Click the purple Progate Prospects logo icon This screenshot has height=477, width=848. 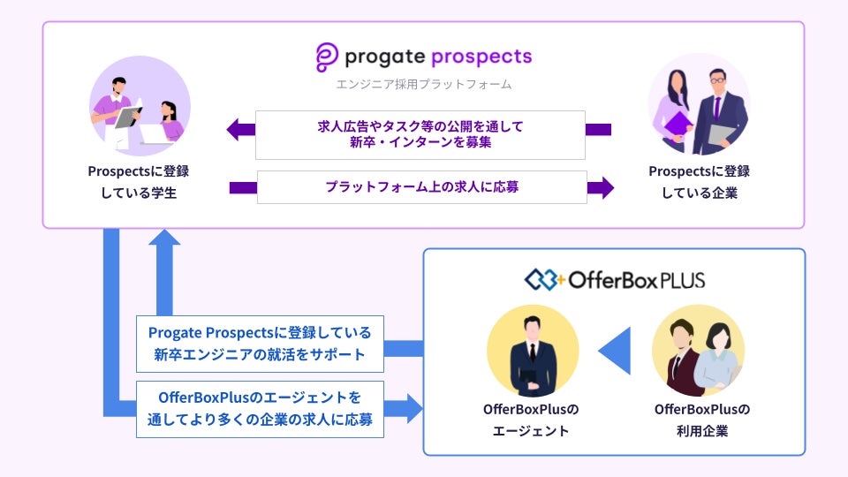327,57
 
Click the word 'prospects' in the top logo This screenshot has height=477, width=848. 482,57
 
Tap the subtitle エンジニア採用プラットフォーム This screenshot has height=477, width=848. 423,85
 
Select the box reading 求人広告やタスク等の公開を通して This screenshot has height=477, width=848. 420,135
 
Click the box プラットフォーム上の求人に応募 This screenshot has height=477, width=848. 422,187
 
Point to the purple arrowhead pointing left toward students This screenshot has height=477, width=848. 240,130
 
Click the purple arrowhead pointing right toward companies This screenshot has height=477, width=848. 601,187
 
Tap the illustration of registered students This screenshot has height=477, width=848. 140,107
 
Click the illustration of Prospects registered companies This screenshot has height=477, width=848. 699,105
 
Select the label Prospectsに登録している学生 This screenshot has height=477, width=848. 139,182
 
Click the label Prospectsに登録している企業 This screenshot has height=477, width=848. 700,182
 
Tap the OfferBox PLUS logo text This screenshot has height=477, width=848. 637,280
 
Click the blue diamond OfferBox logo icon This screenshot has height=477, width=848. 543,280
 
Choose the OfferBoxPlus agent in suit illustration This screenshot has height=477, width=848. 533,351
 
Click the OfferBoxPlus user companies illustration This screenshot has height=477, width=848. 698,351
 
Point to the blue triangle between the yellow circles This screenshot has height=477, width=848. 616,351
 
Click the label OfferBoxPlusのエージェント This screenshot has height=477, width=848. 531,420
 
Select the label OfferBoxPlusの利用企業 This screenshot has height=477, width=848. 702,420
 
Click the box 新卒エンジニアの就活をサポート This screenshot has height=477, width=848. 260,344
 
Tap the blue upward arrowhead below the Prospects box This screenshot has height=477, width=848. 164,238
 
